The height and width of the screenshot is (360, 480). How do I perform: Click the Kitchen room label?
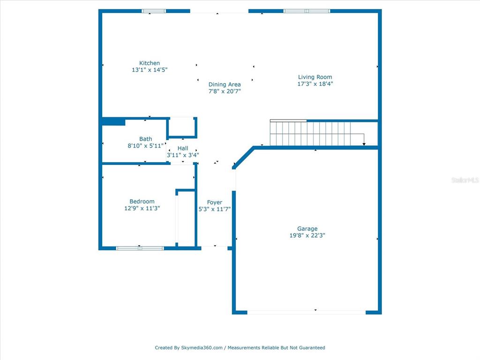[150, 63]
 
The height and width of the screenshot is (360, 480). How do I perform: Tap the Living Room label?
[315, 77]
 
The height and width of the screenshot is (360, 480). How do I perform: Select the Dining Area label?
[225, 84]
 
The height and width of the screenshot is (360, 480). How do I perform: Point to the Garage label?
[307, 229]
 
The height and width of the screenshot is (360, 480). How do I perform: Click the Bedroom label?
[142, 202]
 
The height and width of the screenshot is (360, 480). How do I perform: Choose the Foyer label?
[214, 202]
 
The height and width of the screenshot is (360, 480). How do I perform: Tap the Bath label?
[145, 139]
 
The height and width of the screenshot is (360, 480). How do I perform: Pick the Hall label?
[183, 148]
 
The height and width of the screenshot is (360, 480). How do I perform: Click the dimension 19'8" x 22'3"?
[307, 235]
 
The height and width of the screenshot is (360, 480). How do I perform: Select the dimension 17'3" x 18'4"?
[315, 84]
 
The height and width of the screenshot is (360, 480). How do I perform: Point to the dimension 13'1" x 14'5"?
[150, 70]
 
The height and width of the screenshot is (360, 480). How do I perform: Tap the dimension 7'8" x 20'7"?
[225, 91]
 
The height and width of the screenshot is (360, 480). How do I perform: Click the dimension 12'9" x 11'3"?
[142, 208]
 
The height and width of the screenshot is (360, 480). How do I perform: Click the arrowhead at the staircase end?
[364, 144]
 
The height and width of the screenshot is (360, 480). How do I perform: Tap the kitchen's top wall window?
[154, 11]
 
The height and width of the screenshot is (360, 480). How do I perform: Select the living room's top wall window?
[307, 11]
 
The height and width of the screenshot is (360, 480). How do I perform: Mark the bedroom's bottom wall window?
[140, 248]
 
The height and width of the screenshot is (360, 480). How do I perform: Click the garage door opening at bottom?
[307, 313]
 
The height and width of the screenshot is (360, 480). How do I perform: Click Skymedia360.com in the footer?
[202, 348]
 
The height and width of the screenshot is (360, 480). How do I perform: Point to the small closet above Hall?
[182, 127]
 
